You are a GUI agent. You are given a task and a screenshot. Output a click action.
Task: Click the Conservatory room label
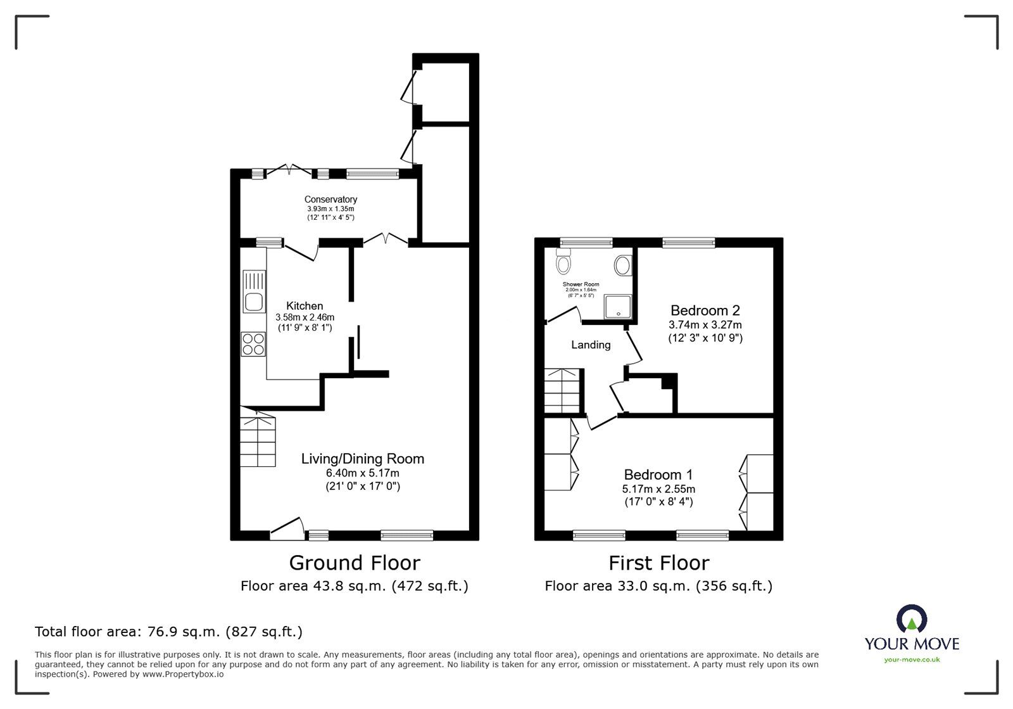[330, 200]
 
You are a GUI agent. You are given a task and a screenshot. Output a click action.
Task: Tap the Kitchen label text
[305, 306]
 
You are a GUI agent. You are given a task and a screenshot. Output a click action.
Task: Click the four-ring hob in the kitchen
[253, 343]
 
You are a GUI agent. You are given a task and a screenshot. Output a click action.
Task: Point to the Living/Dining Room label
[362, 459]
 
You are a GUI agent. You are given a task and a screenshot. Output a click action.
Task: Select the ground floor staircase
[258, 438]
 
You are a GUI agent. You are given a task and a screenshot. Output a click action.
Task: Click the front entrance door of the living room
[287, 529]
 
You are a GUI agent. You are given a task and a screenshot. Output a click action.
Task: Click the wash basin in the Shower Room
[622, 265]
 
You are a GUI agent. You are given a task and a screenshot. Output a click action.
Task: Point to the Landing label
[591, 345]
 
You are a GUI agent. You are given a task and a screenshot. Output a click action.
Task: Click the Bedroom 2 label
[705, 310]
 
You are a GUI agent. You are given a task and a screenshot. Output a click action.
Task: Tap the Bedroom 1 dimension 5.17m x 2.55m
[658, 489]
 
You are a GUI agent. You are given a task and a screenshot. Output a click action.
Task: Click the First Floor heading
[658, 563]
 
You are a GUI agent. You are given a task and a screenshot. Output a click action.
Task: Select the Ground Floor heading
[355, 563]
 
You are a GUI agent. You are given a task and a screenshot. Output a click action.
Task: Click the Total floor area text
[168, 632]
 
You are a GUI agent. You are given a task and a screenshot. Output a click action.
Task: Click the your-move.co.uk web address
[912, 660]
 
